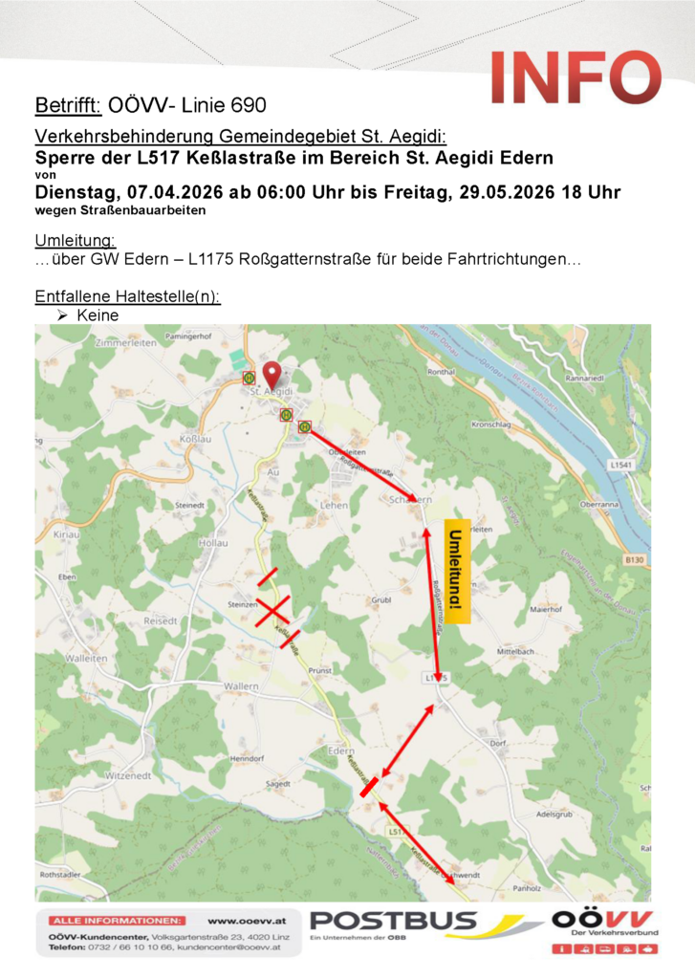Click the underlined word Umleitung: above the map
pos(76,239)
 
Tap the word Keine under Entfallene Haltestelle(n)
pos(98,315)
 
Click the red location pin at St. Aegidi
pos(271,373)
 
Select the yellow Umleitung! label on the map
pos(459,572)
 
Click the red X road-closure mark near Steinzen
pos(271,609)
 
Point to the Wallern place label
pos(241,687)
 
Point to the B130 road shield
pos(631,560)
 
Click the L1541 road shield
pos(620,465)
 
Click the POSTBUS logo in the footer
pos(393,922)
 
